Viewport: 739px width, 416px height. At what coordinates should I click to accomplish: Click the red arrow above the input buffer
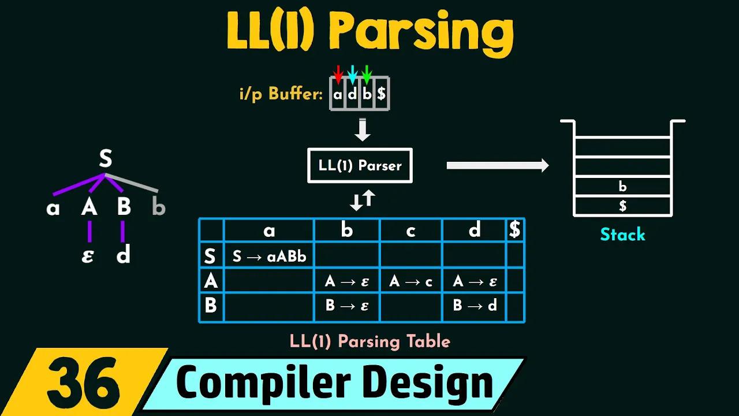click(338, 74)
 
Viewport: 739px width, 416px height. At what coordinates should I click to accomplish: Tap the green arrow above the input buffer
click(367, 74)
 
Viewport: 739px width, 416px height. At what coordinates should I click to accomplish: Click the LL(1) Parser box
click(360, 166)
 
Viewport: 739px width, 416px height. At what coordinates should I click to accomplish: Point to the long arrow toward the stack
click(497, 166)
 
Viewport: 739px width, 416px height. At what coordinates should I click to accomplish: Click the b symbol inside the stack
click(622, 187)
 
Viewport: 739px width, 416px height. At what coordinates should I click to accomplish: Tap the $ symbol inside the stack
click(622, 206)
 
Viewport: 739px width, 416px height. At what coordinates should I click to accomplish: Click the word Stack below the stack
click(622, 235)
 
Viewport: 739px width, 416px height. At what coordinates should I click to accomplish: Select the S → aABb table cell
click(269, 256)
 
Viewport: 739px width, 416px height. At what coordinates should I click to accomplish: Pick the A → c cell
click(411, 281)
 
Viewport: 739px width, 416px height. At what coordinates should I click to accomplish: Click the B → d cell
click(475, 306)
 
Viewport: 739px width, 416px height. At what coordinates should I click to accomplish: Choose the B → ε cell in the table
click(347, 306)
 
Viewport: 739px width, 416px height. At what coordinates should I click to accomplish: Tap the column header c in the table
click(411, 231)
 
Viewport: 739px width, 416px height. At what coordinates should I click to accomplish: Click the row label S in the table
click(211, 256)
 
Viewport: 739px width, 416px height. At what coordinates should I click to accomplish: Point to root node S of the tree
click(105, 158)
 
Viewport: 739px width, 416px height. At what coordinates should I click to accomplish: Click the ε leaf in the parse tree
click(88, 255)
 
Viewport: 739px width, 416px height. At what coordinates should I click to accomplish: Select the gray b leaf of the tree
click(158, 207)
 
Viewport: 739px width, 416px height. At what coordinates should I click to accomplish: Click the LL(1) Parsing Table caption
click(369, 341)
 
